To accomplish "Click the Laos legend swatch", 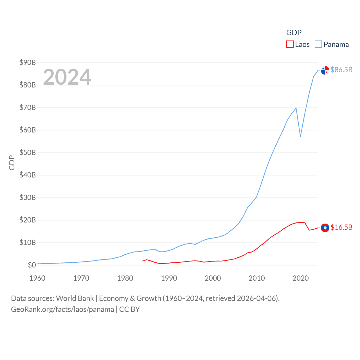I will click(x=290, y=44).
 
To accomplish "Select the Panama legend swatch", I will click(x=318, y=44).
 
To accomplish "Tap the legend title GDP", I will click(x=294, y=33).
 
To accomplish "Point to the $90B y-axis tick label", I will click(x=28, y=62).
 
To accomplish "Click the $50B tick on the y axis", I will click(x=28, y=152).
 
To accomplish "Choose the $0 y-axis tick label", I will click(x=32, y=265).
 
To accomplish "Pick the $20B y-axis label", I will click(x=28, y=220).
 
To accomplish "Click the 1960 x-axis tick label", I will click(x=37, y=278).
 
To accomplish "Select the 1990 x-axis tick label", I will click(x=169, y=278).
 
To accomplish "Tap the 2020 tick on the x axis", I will click(x=300, y=278).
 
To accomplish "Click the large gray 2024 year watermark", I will click(x=67, y=77).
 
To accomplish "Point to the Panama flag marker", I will click(x=325, y=70).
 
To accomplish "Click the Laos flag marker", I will click(x=325, y=228).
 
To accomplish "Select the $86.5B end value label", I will click(x=341, y=70).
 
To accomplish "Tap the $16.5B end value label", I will click(x=341, y=227).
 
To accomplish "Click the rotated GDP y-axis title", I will click(x=12, y=163).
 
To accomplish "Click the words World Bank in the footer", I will click(x=75, y=298).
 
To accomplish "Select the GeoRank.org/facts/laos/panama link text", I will click(x=62, y=309).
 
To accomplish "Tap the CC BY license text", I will click(x=129, y=309).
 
